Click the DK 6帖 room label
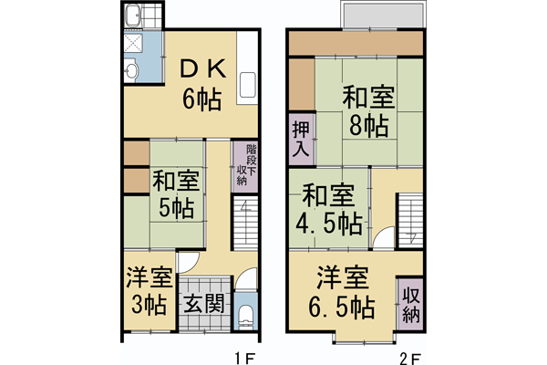click(200, 82)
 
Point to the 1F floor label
click(243, 357)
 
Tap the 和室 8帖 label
click(366, 110)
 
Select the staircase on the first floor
click(245, 224)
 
